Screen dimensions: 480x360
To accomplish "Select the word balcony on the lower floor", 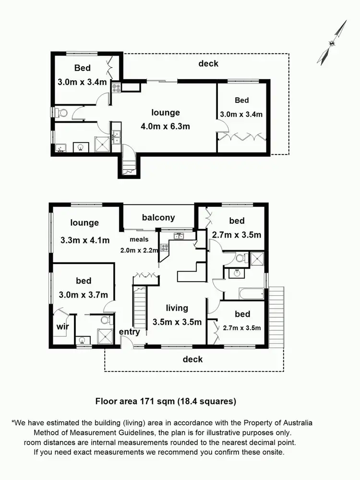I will (x=158, y=217).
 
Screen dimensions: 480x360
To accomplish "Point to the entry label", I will (x=129, y=332).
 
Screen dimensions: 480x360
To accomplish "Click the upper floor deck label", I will (x=208, y=63).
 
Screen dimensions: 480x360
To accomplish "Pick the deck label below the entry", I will (x=193, y=359).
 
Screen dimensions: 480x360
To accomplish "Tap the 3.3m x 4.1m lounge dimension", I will (x=84, y=240).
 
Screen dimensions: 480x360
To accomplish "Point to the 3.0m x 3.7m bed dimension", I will (x=84, y=295).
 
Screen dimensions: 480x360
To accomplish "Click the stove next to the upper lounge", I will (x=117, y=87).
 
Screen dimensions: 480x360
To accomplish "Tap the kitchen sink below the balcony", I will (x=180, y=236).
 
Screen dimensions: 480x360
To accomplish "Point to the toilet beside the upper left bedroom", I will (x=61, y=113).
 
